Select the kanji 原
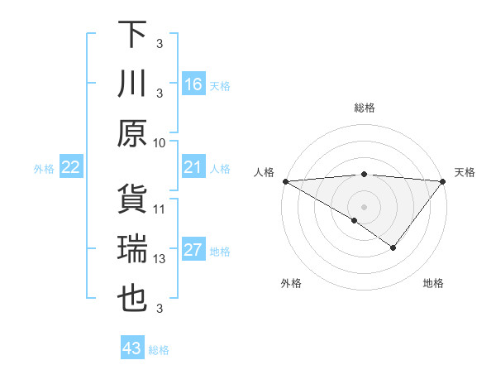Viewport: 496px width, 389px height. (x=132, y=133)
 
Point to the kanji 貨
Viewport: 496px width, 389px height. (x=132, y=199)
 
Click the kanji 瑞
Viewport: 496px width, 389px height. (x=132, y=249)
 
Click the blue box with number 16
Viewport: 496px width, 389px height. (x=193, y=84)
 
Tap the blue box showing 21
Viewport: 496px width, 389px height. (x=193, y=168)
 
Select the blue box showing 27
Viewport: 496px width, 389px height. (x=193, y=251)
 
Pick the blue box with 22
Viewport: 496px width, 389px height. (x=71, y=168)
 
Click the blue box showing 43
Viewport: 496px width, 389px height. (x=132, y=348)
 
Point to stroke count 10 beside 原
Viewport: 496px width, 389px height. (x=160, y=142)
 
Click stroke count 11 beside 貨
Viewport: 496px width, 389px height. (x=160, y=209)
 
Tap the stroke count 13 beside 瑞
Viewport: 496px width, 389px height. (x=160, y=259)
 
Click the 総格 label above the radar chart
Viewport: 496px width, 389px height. (x=364, y=108)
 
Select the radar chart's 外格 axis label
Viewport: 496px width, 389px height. (x=291, y=284)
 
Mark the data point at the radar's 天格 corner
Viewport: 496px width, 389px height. (x=442, y=181)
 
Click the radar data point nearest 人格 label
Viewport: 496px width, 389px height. (x=285, y=181)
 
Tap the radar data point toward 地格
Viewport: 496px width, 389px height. (x=393, y=247)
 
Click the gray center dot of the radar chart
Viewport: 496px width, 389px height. (x=364, y=206)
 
